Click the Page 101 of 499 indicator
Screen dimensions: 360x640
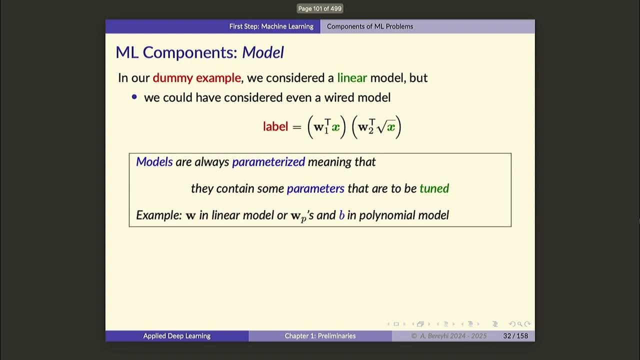tap(320, 8)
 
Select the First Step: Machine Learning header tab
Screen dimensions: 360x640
tap(271, 26)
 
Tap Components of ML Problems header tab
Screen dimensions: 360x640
tap(369, 26)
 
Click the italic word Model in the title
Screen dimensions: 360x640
tap(263, 52)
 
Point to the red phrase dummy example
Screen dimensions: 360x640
tap(196, 78)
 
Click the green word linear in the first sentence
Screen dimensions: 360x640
tap(352, 78)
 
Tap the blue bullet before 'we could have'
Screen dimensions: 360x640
tap(134, 97)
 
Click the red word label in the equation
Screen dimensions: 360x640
tap(275, 126)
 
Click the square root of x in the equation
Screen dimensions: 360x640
tap(386, 127)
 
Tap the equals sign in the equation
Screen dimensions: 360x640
tap(297, 127)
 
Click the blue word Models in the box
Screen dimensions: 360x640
tap(154, 162)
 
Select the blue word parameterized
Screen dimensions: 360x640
tap(268, 162)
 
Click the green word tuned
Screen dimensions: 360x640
tap(434, 188)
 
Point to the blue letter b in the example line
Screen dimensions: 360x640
tap(341, 215)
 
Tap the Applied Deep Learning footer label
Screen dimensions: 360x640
tap(176, 336)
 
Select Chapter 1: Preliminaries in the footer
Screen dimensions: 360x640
tap(320, 336)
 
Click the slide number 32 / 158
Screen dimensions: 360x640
tap(515, 336)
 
